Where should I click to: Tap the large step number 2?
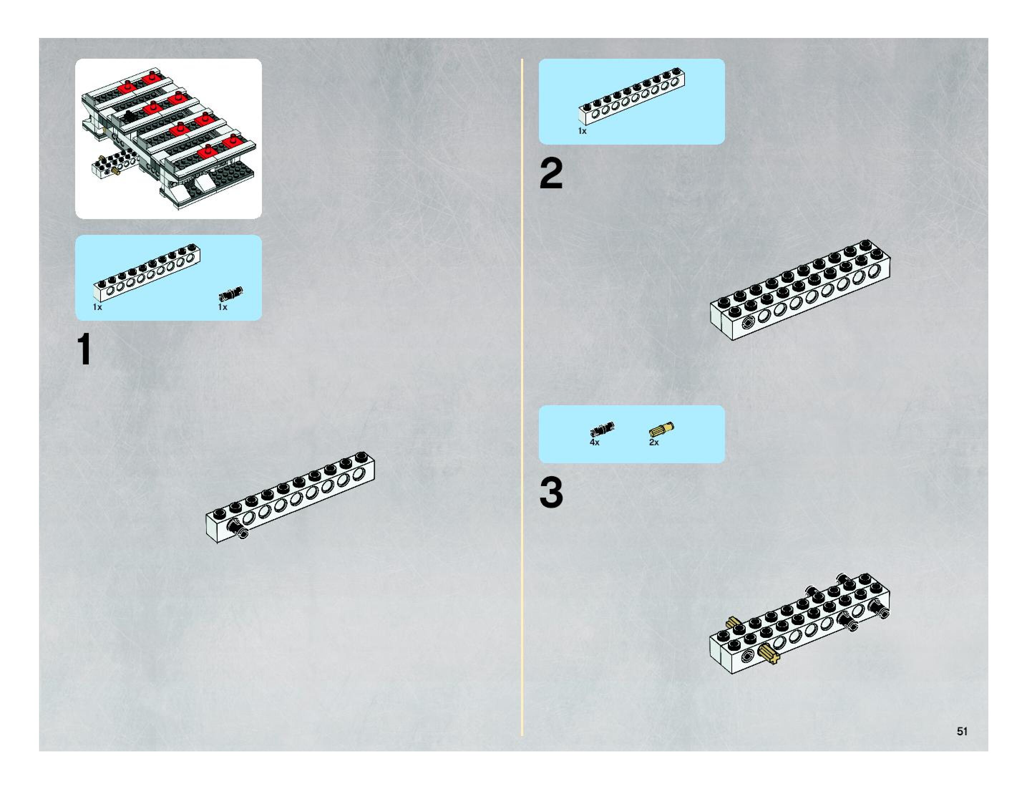click(x=551, y=174)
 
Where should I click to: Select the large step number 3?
click(x=551, y=493)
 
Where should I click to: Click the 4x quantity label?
click(x=594, y=442)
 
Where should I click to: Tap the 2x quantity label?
click(x=654, y=442)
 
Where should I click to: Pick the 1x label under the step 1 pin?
click(x=223, y=307)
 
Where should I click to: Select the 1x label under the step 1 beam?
click(x=97, y=307)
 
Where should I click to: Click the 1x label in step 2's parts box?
click(x=582, y=131)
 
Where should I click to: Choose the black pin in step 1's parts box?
click(x=231, y=294)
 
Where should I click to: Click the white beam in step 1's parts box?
click(x=147, y=273)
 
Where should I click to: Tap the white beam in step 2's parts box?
click(x=632, y=96)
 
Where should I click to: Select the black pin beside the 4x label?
click(x=602, y=429)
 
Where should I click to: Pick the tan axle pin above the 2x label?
click(x=661, y=429)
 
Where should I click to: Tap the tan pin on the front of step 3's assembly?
click(x=768, y=653)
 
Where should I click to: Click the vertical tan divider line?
click(x=522, y=395)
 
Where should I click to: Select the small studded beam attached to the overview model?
click(x=114, y=165)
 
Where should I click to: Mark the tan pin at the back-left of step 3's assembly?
click(x=732, y=624)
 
